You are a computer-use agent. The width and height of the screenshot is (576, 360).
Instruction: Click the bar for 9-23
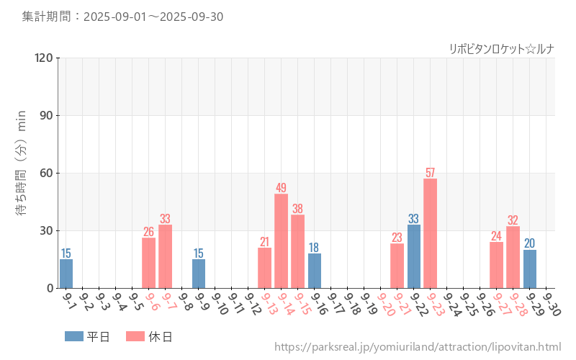coord(430,233)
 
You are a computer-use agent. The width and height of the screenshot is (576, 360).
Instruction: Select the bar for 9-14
coord(281,241)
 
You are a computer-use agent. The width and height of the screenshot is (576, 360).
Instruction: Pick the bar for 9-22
coord(414,256)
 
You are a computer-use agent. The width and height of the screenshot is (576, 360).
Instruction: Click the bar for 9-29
coord(530,269)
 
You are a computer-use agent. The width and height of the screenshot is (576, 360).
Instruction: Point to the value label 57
coord(430,173)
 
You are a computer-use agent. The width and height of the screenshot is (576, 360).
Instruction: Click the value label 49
coord(281,188)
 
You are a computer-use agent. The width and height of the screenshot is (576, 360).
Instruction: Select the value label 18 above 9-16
coord(314,248)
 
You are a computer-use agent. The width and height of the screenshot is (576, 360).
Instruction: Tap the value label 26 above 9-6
coord(148,232)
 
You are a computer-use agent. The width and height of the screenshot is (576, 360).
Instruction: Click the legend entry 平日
coord(87,336)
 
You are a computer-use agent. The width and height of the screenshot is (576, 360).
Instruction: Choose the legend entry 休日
coord(149,336)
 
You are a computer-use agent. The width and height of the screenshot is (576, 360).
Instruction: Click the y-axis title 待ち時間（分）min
coord(22,173)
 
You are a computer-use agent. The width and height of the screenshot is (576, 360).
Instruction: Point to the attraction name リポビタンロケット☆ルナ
coord(501,49)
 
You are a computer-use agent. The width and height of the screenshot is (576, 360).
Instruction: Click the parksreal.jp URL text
coord(418,347)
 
